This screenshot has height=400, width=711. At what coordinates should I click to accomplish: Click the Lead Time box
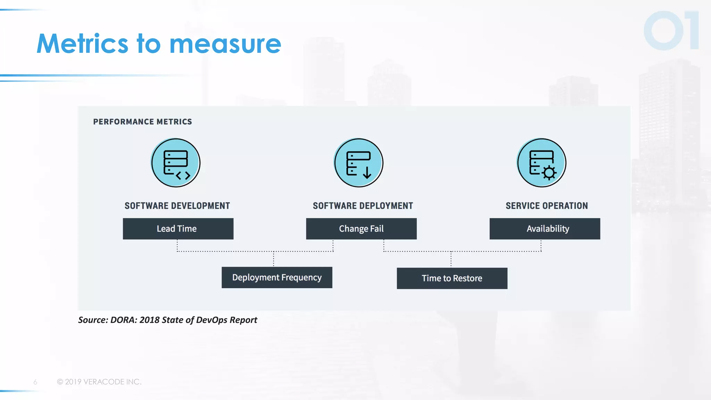click(178, 229)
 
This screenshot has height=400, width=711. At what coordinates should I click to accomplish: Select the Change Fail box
click(361, 229)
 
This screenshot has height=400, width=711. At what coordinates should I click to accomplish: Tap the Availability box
click(544, 229)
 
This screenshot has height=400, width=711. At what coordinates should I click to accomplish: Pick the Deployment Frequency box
click(277, 277)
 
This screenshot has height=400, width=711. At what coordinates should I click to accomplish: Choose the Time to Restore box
click(452, 278)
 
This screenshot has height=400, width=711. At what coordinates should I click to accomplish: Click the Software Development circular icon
click(176, 162)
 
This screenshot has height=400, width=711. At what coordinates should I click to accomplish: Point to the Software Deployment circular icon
click(359, 162)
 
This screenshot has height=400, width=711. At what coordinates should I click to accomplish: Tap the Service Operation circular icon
click(541, 162)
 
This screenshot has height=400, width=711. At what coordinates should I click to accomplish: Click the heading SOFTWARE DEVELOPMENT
click(177, 206)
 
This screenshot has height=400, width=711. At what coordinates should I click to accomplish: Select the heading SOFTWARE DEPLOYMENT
click(363, 206)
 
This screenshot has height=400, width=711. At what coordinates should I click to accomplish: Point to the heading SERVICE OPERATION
click(546, 206)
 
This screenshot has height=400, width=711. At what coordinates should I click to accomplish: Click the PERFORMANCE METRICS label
click(142, 122)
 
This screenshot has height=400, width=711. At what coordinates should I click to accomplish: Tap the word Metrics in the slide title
click(82, 44)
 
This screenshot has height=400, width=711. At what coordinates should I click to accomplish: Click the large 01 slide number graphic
click(671, 31)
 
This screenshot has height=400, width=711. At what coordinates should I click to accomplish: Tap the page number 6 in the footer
click(35, 382)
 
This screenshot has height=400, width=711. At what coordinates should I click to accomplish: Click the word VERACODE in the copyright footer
click(104, 382)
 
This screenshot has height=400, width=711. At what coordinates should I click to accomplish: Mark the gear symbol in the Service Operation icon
click(549, 173)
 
